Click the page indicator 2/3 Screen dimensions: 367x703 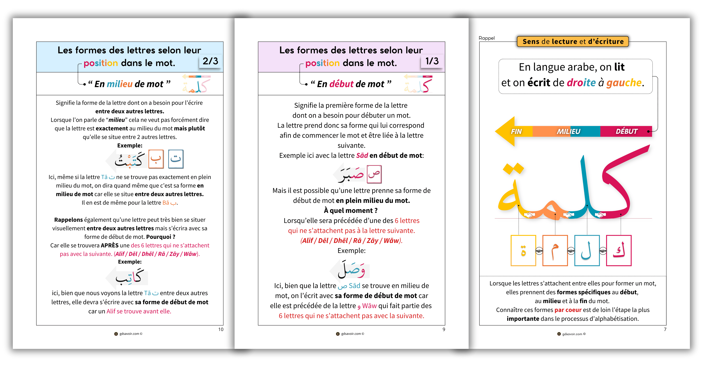[x=210, y=61]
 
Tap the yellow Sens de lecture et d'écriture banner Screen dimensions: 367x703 [x=573, y=41]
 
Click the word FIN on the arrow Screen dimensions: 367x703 [x=516, y=131]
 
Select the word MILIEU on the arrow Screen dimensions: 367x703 [x=569, y=131]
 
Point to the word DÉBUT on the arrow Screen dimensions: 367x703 [x=627, y=131]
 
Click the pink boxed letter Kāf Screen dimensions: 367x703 [x=619, y=251]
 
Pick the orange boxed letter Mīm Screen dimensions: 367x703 [x=555, y=251]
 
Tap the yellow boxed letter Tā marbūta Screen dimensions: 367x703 [x=523, y=251]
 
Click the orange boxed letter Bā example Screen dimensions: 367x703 [x=156, y=159]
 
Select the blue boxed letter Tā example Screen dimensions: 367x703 [x=176, y=159]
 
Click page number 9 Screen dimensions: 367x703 [x=444, y=329]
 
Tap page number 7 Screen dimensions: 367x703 [x=665, y=329]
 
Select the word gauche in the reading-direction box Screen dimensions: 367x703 [x=624, y=83]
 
